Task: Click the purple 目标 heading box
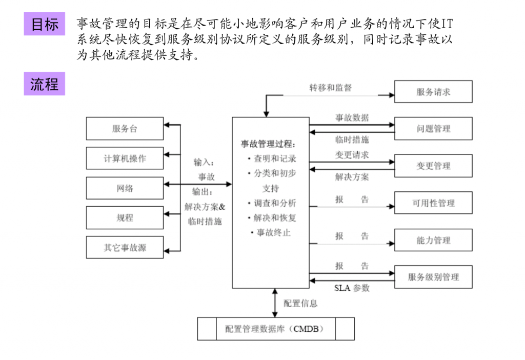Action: tap(44, 24)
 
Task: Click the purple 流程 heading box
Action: tap(44, 84)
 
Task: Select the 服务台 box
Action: tap(125, 129)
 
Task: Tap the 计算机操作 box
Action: tap(125, 158)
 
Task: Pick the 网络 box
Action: tap(125, 188)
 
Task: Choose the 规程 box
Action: tap(125, 218)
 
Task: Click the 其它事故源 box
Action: tap(125, 248)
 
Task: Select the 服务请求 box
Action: tap(433, 92)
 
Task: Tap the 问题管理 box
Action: tap(433, 129)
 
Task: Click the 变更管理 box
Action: tap(433, 166)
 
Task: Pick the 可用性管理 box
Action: tap(433, 203)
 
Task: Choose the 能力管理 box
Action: tap(433, 240)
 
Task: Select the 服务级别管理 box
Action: tap(433, 277)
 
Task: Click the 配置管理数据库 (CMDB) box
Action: tap(276, 329)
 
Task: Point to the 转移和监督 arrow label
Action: tap(330, 88)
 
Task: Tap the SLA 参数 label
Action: tap(352, 288)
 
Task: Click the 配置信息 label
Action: tap(300, 304)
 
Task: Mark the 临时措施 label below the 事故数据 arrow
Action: tap(352, 139)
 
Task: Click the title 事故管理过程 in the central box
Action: tap(268, 144)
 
